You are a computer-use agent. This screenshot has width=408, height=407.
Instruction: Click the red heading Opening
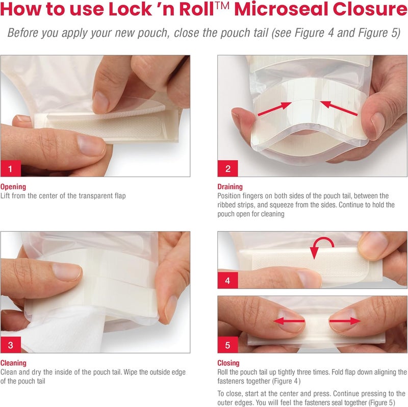13,187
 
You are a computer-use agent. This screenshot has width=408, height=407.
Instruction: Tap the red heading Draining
230,187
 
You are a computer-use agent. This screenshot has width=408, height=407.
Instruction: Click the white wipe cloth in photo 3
31,326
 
